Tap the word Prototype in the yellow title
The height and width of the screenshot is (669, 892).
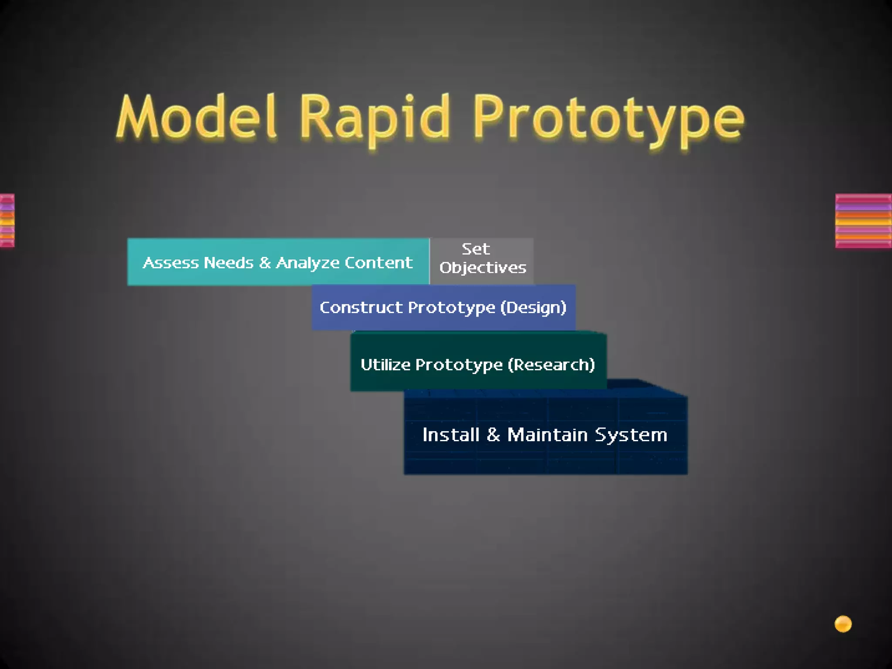[x=608, y=120]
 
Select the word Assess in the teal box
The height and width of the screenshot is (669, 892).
[x=170, y=263]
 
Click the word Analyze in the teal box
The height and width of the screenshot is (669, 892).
[x=307, y=263]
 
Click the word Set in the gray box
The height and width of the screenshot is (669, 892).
[x=476, y=249]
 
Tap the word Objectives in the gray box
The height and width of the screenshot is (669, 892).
[x=483, y=267]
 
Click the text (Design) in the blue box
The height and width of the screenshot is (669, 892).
[x=533, y=308]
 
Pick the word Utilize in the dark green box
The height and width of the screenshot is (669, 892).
[x=385, y=365]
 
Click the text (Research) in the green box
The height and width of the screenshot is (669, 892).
[x=551, y=365]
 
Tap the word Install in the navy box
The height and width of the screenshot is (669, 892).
[x=451, y=435]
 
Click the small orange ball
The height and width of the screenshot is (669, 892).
[x=843, y=624]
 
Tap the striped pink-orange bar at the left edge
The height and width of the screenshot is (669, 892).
[x=7, y=221]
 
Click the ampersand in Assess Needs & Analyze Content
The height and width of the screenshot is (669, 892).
[x=264, y=263]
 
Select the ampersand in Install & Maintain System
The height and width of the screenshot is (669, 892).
[x=493, y=435]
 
